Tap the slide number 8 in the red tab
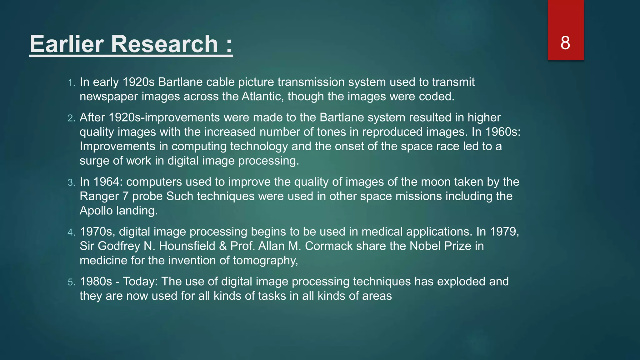click(565, 43)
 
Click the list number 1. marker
click(72, 83)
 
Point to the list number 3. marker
click(72, 182)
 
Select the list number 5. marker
click(72, 282)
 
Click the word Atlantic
click(263, 96)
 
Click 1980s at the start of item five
click(96, 282)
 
